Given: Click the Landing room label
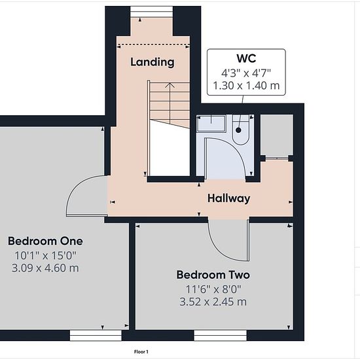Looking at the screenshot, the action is (x=153, y=62).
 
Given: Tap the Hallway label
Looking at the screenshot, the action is (x=228, y=198).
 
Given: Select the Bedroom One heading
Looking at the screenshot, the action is (x=45, y=241).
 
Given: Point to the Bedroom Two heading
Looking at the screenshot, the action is (x=213, y=275).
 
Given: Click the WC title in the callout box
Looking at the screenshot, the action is (x=246, y=58).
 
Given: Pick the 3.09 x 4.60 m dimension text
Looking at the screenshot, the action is (x=45, y=268).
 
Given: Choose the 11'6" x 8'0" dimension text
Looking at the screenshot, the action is (x=213, y=289).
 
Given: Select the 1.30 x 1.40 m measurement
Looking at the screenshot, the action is (x=246, y=86).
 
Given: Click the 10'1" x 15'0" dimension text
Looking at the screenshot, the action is (x=45, y=255).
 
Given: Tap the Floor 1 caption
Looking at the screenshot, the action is (x=141, y=351).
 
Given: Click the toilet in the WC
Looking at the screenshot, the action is (x=240, y=130).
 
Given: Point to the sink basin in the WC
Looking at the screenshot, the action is (x=211, y=123).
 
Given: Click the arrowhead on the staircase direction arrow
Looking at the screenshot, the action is (x=170, y=85).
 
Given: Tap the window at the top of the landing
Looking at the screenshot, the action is (x=151, y=12).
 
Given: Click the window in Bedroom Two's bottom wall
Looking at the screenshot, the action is (x=220, y=335).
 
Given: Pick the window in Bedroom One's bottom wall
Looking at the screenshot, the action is (x=96, y=335).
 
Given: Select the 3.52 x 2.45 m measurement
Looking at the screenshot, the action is (x=213, y=302).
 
